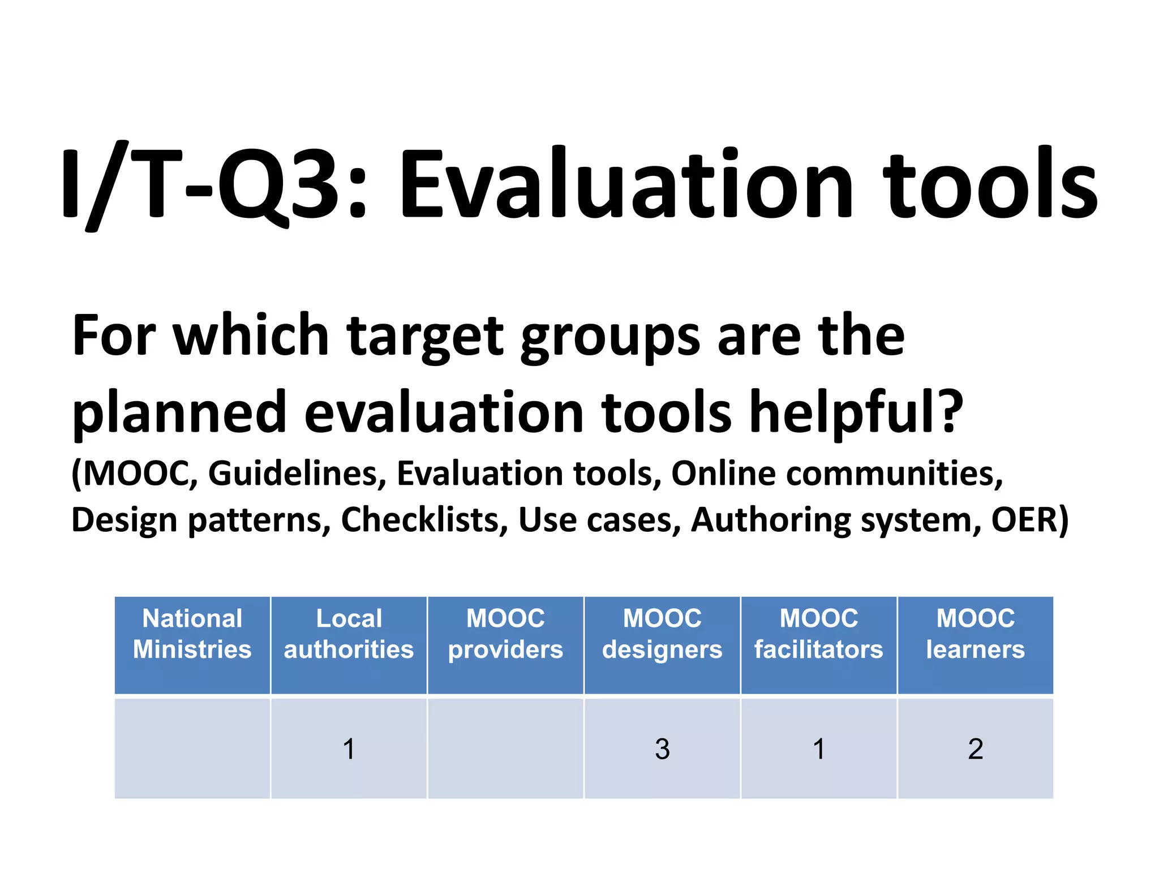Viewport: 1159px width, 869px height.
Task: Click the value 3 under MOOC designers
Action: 662,749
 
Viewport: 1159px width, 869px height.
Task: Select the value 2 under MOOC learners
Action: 975,749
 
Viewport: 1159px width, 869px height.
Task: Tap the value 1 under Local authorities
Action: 349,749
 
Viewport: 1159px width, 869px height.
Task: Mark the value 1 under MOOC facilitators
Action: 818,749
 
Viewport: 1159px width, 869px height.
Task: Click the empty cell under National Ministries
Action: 192,749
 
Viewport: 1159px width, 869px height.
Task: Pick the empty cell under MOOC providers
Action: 505,749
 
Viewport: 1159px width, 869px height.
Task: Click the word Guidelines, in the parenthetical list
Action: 297,474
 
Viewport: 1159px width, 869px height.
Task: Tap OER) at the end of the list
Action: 1029,520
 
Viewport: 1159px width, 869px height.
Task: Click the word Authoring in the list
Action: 771,520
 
